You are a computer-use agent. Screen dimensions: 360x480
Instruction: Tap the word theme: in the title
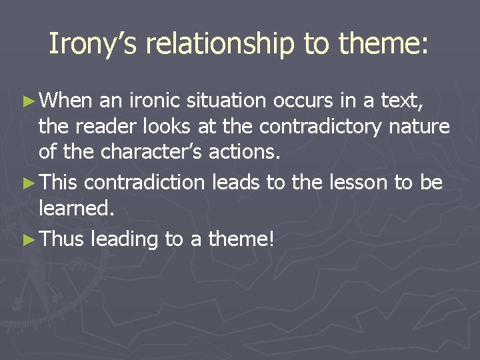click(384, 44)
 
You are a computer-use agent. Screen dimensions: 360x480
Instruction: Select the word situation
click(227, 101)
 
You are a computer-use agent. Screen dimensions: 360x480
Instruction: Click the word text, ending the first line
click(406, 101)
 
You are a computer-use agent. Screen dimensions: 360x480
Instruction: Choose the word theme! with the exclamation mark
click(241, 239)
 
